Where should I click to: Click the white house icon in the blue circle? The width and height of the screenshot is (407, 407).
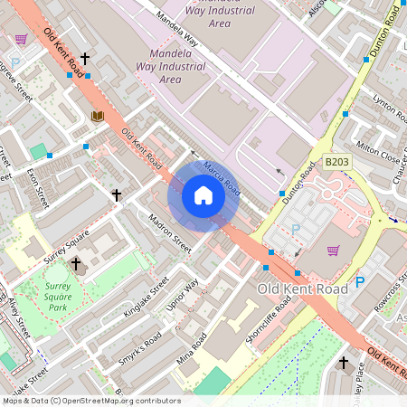[203, 195]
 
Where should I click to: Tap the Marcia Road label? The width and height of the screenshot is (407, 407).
[222, 175]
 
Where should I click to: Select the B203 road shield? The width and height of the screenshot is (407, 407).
[336, 162]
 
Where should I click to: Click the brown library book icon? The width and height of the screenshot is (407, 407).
[98, 116]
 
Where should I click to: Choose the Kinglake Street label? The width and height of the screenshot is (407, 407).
[146, 298]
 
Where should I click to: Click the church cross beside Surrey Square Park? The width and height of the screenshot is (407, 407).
[76, 264]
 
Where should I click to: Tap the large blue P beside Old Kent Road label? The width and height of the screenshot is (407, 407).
[359, 282]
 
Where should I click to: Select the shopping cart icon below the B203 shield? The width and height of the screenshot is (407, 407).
[333, 251]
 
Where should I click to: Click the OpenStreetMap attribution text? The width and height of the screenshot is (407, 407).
[90, 401]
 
